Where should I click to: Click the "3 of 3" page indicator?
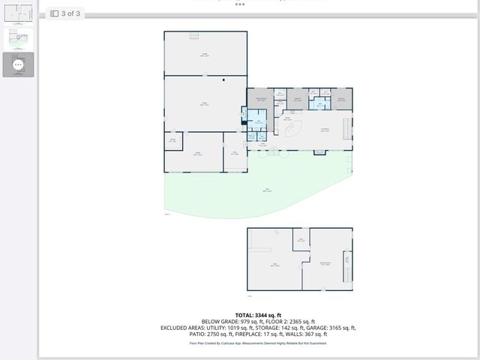(71, 13)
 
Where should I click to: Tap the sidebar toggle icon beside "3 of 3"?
(55, 13)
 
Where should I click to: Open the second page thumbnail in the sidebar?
(18, 39)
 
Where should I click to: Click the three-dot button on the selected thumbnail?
(18, 65)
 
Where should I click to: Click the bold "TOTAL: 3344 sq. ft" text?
(258, 315)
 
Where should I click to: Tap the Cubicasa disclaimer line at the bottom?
(258, 343)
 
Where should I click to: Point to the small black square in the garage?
(223, 78)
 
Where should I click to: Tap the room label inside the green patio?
(266, 190)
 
